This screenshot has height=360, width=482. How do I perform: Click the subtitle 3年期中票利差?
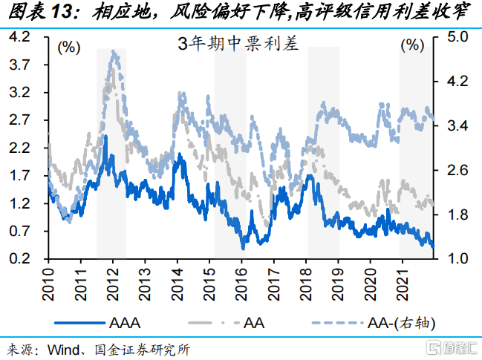[237, 44]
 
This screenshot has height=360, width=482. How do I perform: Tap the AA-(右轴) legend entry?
[400, 324]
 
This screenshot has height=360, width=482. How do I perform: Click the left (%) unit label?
[68, 47]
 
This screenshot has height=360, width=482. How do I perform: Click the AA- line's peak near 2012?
[113, 51]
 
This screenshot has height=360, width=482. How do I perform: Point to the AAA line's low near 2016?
[243, 247]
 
